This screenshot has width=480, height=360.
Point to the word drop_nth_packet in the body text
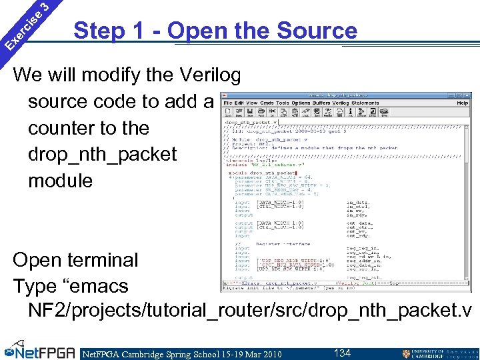pyautogui.click(x=102, y=154)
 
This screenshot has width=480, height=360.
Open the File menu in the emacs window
pyautogui.click(x=228, y=103)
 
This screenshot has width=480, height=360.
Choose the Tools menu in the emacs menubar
pyautogui.click(x=282, y=103)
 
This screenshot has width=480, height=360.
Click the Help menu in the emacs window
pyautogui.click(x=462, y=103)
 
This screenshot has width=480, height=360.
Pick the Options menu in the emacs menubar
pyautogui.click(x=301, y=103)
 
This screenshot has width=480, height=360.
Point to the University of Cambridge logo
pyautogui.click(x=439, y=353)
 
